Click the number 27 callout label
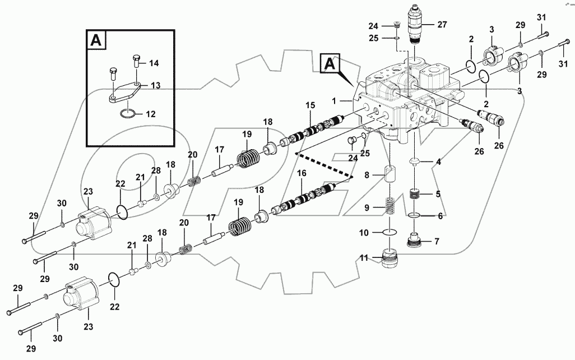pos(442,24)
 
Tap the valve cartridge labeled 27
pos(415,26)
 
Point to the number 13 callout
pos(156,85)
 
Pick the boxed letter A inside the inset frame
pos(96,40)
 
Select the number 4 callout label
pos(439,163)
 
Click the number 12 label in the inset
pos(151,114)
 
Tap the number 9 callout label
pos(367,207)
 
